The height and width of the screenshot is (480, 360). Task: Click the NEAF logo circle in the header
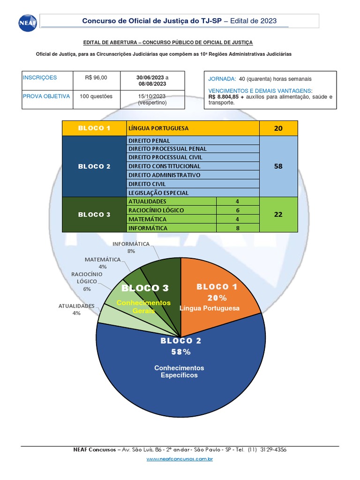coord(28,23)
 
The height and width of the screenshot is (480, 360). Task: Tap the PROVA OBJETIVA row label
coord(46,97)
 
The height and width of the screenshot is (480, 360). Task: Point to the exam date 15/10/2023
coord(152,97)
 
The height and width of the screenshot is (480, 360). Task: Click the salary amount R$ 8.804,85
coord(224,97)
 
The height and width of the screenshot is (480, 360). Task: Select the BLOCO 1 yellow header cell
coord(94,128)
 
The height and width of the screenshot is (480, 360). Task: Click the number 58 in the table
coord(278,166)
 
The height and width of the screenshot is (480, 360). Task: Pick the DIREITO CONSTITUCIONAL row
coord(193,166)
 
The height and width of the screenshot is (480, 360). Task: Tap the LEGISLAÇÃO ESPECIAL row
coord(193,193)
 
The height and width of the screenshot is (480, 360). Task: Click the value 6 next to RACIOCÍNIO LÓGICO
coord(238,210)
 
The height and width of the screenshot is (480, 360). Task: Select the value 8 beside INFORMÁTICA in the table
coord(238,228)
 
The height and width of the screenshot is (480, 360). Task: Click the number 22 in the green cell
coord(278,215)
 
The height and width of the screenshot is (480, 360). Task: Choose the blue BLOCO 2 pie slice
coord(180,376)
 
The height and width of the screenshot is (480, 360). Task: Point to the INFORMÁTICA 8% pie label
coord(131,247)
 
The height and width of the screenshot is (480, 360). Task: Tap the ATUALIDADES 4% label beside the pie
coord(76,309)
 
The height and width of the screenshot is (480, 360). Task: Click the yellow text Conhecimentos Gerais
coord(143,307)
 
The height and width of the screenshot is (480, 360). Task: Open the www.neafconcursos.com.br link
coord(180,459)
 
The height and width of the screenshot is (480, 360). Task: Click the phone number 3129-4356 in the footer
coord(273,450)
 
